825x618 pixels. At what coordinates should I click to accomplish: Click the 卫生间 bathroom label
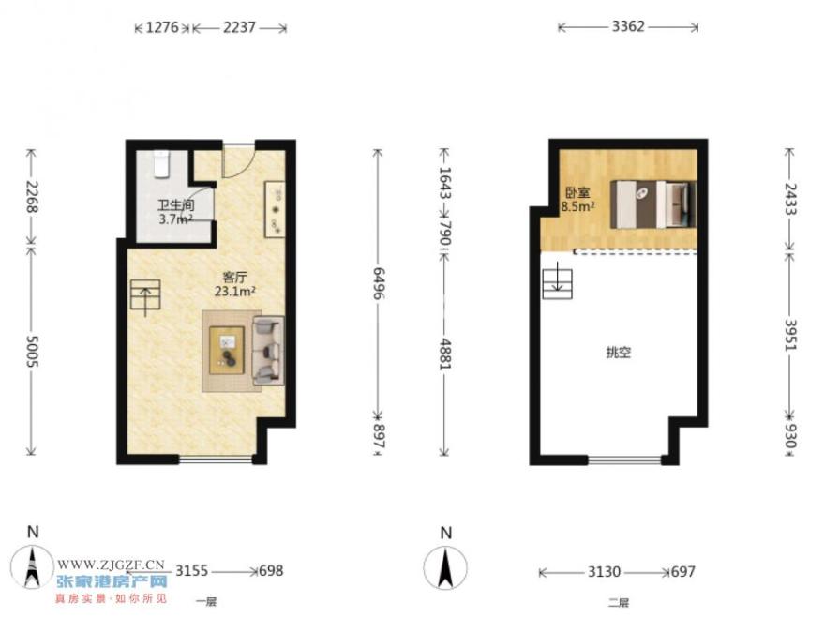[175, 204]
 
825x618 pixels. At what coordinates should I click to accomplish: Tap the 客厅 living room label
[234, 277]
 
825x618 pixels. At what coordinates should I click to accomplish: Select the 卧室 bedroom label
[577, 192]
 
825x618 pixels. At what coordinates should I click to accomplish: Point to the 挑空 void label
[618, 353]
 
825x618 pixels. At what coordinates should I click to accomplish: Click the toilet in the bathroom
[161, 164]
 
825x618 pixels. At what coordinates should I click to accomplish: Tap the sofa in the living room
[268, 351]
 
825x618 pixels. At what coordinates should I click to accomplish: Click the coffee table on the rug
[227, 350]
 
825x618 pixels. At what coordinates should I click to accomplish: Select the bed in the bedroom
[653, 204]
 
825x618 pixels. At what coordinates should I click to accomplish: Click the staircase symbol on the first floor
[145, 295]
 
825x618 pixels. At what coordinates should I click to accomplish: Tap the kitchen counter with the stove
[275, 208]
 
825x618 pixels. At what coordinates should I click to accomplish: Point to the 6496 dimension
[379, 283]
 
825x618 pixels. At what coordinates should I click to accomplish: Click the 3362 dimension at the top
[628, 26]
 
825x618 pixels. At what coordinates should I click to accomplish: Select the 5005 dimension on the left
[33, 352]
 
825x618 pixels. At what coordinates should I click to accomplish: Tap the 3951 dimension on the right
[790, 335]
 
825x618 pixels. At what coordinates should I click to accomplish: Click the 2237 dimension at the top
[239, 27]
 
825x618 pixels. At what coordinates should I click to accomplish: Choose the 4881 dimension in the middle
[445, 354]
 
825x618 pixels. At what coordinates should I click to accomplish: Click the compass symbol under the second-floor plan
[445, 567]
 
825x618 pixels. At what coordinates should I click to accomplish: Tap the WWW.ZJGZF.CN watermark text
[111, 565]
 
